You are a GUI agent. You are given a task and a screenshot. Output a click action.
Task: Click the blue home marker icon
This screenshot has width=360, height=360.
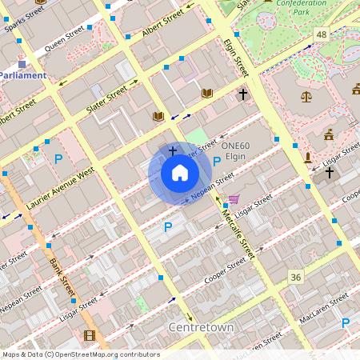180,173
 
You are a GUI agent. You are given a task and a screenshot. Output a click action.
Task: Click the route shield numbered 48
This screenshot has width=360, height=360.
322,34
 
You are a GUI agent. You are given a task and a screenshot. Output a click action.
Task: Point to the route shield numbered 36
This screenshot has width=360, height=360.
297,276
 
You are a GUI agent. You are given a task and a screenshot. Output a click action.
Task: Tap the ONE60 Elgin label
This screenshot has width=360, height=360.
238,151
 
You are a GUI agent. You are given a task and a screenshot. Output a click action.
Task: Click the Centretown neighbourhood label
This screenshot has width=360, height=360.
201,328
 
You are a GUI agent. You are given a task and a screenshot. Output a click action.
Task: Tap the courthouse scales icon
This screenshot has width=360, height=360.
306,96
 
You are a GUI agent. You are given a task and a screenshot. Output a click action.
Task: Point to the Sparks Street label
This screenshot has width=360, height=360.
23,15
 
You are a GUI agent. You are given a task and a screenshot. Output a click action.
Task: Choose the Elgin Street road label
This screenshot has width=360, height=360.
238,58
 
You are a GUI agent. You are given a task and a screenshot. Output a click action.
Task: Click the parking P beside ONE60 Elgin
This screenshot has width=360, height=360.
218,161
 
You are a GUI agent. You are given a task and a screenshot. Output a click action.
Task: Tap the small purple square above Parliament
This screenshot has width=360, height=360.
22,62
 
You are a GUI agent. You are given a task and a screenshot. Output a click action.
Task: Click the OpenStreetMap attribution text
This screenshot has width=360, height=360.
81,354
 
